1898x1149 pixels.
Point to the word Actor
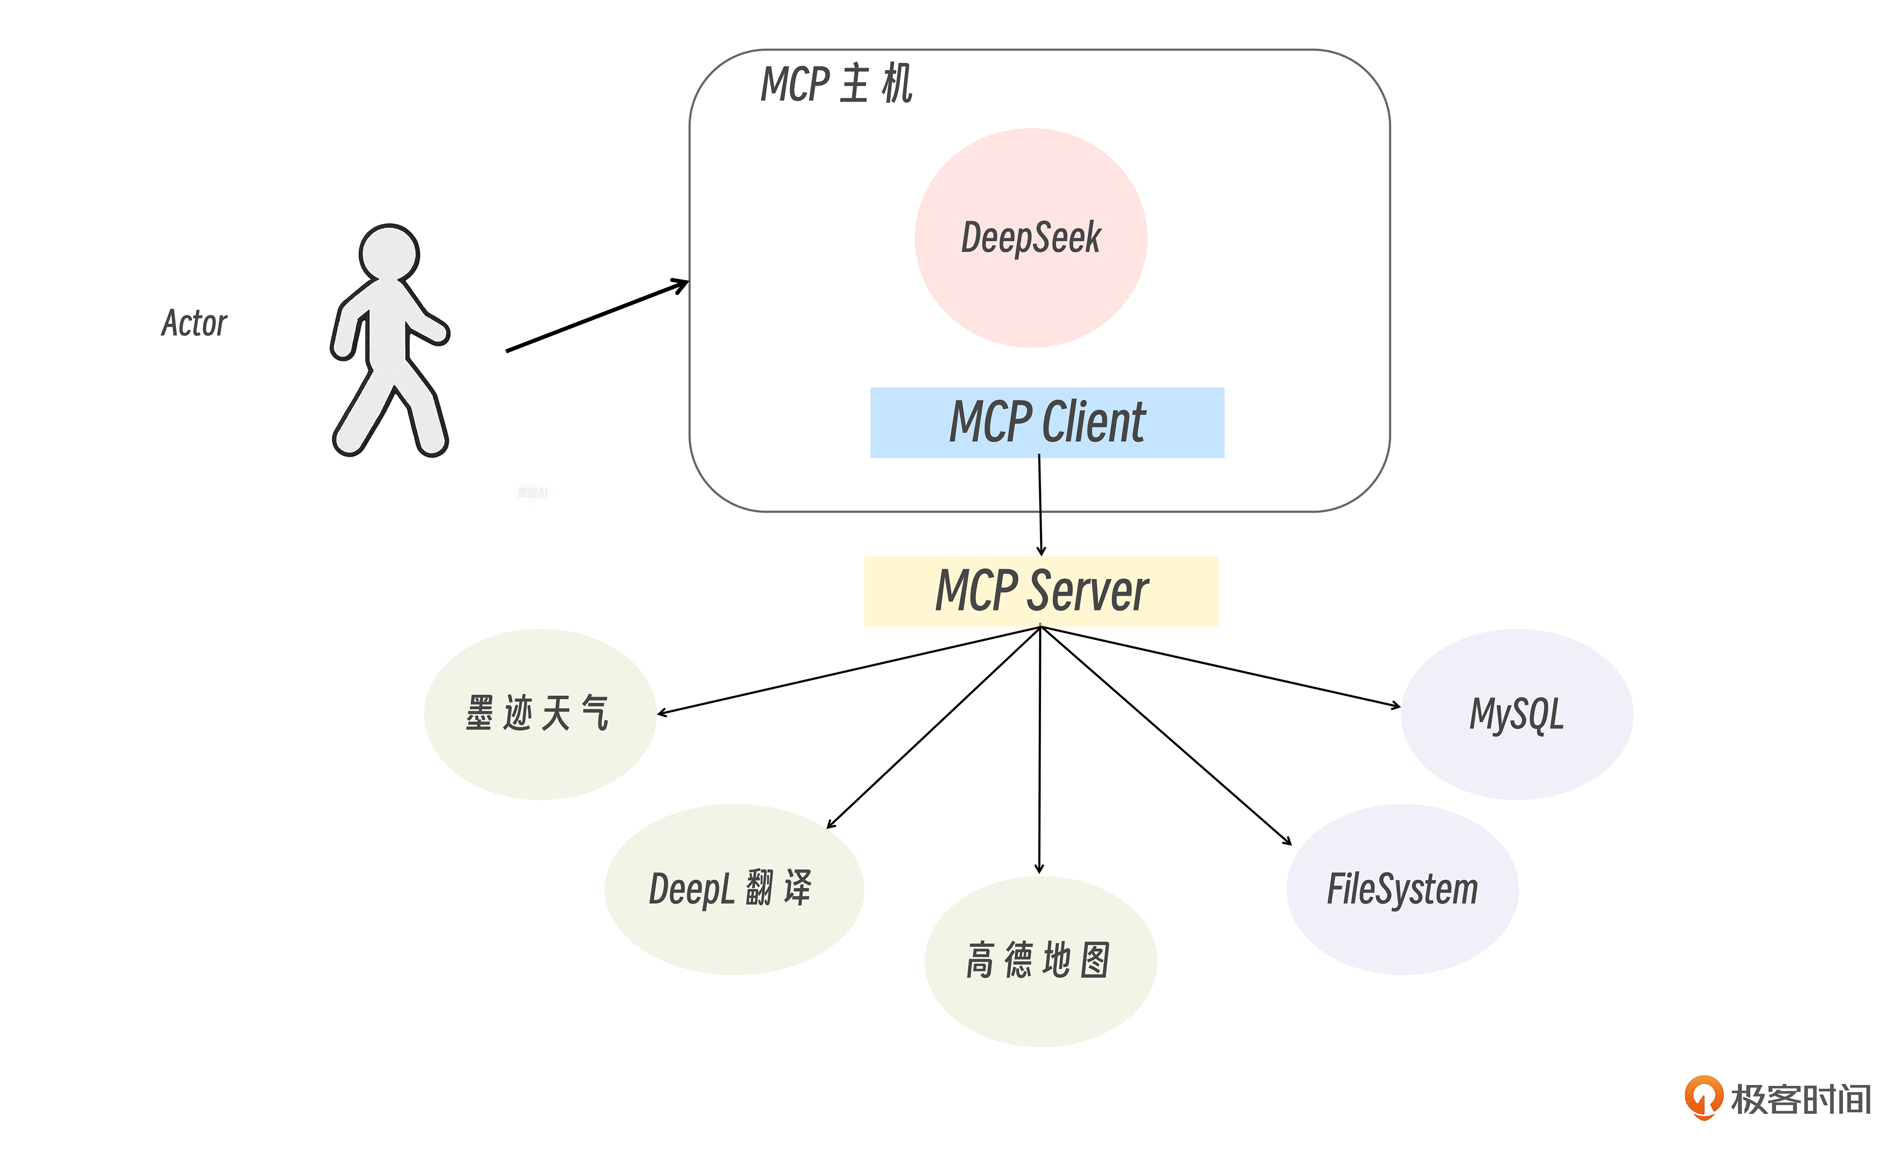click(x=194, y=323)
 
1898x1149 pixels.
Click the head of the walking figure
click(x=389, y=252)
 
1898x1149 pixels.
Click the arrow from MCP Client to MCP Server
click(x=1040, y=505)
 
